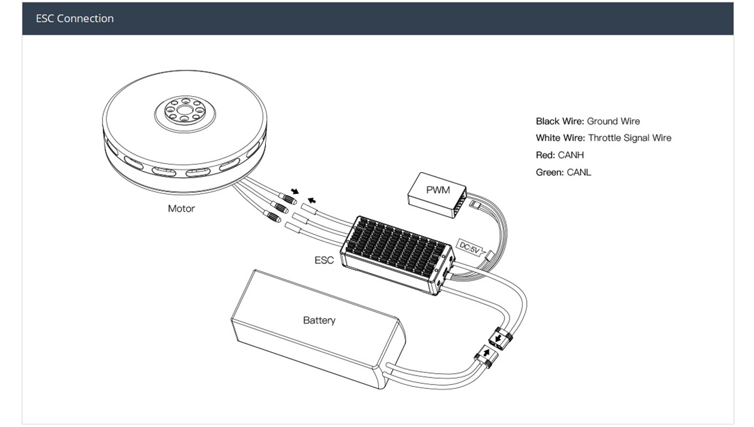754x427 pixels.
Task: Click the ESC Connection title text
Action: (x=75, y=19)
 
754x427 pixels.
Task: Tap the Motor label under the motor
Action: (x=181, y=208)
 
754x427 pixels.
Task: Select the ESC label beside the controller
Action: (x=324, y=259)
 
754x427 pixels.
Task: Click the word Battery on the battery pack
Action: (x=319, y=320)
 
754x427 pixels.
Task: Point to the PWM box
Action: (x=438, y=190)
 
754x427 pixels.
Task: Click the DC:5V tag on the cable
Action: (x=469, y=248)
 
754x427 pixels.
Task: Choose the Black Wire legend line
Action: (x=587, y=121)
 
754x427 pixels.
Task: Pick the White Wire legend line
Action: (x=603, y=138)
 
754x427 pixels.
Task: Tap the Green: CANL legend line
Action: (x=563, y=171)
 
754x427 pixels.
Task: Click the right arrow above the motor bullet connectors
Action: (x=310, y=201)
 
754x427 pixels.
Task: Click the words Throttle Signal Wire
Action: (x=629, y=138)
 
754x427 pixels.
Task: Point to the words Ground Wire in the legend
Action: (x=613, y=121)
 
